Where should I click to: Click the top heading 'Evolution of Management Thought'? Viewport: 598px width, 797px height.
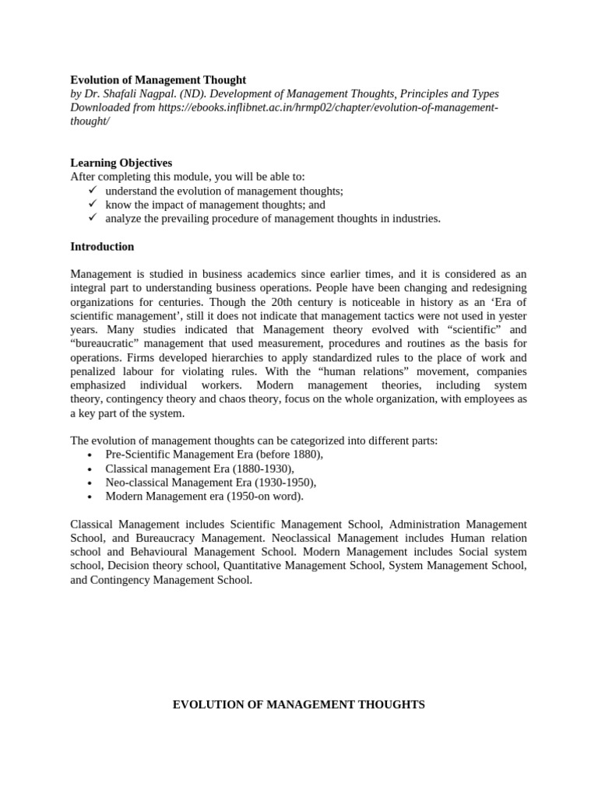tap(158, 79)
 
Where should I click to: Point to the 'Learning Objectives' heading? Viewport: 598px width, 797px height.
tap(121, 163)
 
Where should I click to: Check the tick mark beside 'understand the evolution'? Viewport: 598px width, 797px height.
tap(92, 191)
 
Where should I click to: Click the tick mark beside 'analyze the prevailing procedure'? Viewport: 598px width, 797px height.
tap(92, 219)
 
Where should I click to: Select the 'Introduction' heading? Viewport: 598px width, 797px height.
tap(102, 247)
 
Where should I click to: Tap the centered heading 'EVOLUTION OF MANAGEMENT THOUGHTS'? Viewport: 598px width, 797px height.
tap(298, 704)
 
